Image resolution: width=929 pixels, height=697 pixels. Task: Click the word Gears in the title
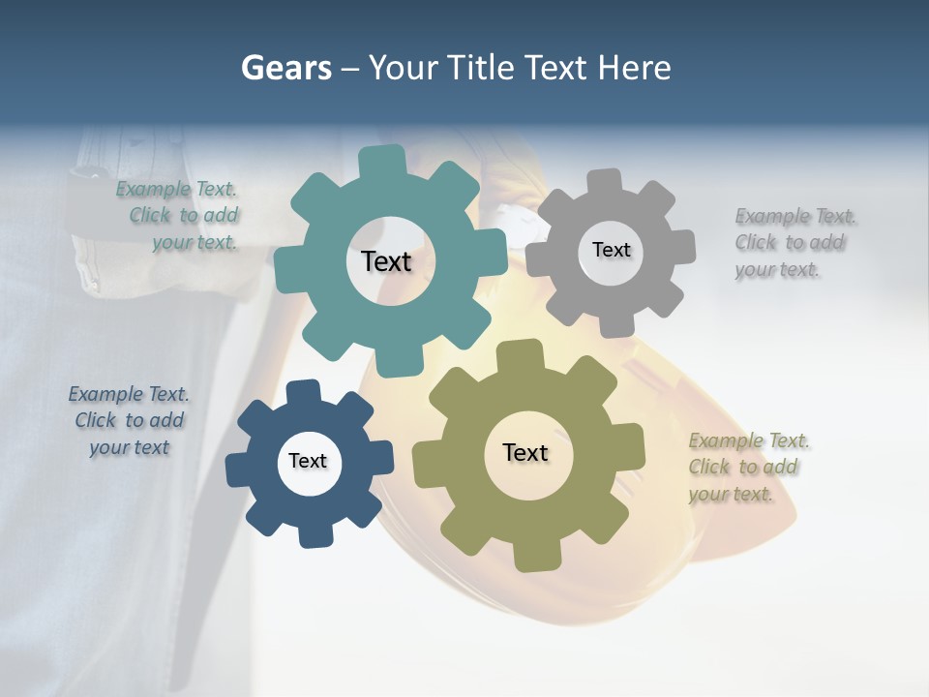pos(285,68)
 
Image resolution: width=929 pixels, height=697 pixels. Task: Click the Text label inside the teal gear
pos(386,261)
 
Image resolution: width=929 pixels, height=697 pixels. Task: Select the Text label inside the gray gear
pos(611,250)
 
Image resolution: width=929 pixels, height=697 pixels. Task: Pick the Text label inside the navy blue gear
pos(308,461)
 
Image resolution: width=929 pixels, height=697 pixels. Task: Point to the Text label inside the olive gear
pos(525,452)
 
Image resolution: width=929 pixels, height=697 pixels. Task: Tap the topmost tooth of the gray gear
pos(605,181)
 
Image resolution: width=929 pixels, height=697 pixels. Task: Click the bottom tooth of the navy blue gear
pos(313,535)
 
